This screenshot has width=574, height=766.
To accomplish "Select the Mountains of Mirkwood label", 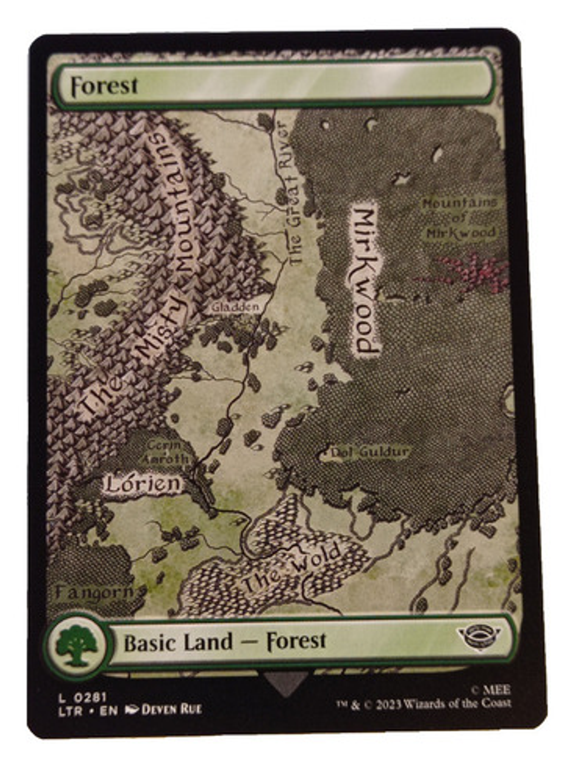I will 459,218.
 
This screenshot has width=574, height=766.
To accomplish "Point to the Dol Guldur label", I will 369,453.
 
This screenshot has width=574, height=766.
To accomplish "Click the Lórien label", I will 142,484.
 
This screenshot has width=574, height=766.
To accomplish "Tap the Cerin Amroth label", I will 164,452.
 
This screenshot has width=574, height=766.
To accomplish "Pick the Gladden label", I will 235,306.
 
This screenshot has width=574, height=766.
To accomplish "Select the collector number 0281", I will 91,697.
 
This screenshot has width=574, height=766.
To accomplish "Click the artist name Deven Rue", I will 171,710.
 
